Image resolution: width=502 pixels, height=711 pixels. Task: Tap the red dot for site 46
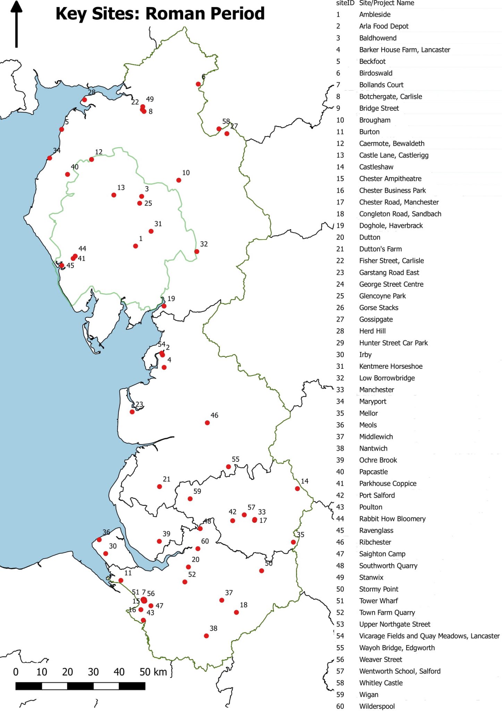click(207, 423)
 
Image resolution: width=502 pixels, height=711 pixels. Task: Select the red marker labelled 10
click(179, 180)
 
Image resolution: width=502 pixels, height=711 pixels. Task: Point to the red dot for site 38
click(206, 636)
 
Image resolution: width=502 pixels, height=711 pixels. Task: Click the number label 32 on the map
click(204, 244)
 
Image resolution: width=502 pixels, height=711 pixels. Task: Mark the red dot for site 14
click(297, 488)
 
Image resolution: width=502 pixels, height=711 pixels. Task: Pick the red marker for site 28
click(84, 100)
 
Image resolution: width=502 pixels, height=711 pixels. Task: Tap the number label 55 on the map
click(236, 459)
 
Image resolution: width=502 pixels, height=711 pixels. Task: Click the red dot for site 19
click(164, 306)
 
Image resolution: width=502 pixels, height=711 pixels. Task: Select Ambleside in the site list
click(375, 15)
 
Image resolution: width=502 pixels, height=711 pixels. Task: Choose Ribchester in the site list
click(375, 542)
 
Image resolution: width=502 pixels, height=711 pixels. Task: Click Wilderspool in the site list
click(377, 706)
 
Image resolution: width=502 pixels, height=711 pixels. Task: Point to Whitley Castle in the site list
click(381, 683)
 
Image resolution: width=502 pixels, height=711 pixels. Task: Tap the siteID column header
click(345, 3)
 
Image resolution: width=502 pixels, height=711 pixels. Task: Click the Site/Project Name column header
click(386, 3)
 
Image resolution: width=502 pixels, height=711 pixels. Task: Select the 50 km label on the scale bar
click(153, 672)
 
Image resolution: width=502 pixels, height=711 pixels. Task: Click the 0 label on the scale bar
click(16, 672)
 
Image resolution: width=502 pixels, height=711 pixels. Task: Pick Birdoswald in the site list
click(376, 73)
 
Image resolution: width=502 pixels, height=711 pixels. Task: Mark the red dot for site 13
click(114, 195)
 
